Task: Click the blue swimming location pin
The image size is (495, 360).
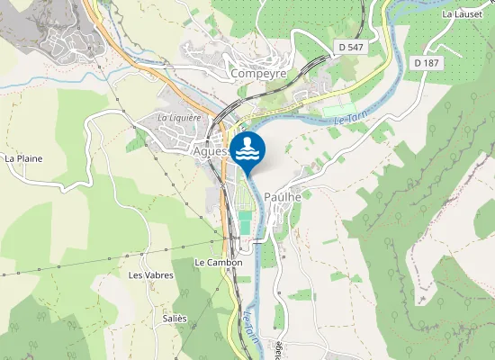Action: pos(247,149)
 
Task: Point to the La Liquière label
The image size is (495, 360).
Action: pos(178,117)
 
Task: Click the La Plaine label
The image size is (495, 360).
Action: pos(23,158)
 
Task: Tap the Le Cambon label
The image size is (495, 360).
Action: pos(219,263)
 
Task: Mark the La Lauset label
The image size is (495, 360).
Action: pos(463,14)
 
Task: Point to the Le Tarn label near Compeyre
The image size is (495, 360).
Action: pos(350,121)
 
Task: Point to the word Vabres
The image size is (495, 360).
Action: pos(157,274)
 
